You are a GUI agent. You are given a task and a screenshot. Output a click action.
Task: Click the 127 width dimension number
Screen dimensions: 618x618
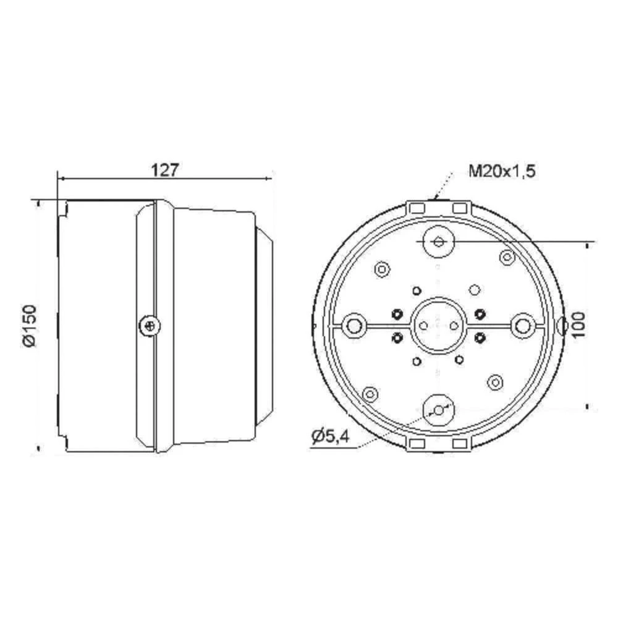pyautogui.click(x=164, y=170)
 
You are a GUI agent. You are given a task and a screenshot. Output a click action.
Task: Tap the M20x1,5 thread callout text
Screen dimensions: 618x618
pyautogui.click(x=501, y=171)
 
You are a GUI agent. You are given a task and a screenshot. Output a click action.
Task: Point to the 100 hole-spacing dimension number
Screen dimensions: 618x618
pyautogui.click(x=578, y=325)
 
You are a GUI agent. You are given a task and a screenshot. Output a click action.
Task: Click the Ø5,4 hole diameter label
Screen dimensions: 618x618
pyautogui.click(x=331, y=437)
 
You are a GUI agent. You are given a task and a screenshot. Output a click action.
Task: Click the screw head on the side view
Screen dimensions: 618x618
pyautogui.click(x=148, y=324)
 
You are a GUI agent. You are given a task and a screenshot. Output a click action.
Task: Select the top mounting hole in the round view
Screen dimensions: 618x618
pyautogui.click(x=439, y=242)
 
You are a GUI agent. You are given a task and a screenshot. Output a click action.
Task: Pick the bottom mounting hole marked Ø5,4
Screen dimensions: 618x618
pyautogui.click(x=438, y=409)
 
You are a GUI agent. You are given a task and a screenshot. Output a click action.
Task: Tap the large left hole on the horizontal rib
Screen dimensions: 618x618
pyautogui.click(x=355, y=325)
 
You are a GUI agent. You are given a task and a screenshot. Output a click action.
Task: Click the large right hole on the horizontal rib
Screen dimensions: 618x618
pyautogui.click(x=523, y=325)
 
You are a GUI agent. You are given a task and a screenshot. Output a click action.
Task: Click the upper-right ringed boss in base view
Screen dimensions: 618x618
pyautogui.click(x=507, y=256)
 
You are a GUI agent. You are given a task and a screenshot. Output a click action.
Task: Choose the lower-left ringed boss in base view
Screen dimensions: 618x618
pyautogui.click(x=370, y=394)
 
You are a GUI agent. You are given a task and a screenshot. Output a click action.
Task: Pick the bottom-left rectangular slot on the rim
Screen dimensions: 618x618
pyautogui.click(x=417, y=443)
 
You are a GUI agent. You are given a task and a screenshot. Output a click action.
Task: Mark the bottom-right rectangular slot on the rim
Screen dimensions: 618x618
pyautogui.click(x=460, y=443)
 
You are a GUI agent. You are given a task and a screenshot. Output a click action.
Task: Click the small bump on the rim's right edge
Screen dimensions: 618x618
pyautogui.click(x=561, y=325)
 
